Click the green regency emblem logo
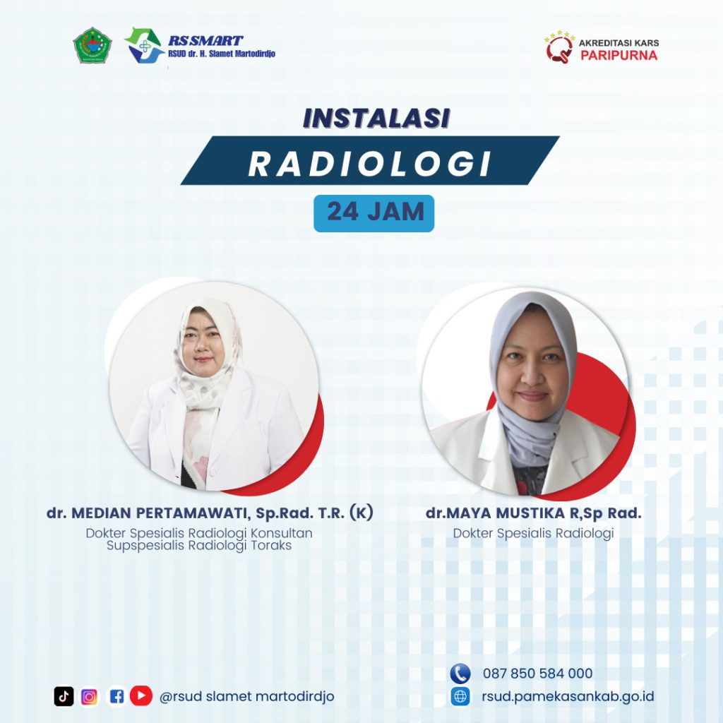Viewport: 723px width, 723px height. click(x=92, y=44)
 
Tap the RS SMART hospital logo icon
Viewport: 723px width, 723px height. click(x=144, y=45)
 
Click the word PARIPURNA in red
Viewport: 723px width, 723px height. click(x=619, y=55)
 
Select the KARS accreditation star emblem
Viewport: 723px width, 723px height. click(x=559, y=47)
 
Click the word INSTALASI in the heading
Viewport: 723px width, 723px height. click(x=376, y=118)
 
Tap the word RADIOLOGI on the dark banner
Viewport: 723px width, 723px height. click(x=370, y=164)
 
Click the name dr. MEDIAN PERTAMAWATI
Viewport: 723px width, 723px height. click(x=147, y=513)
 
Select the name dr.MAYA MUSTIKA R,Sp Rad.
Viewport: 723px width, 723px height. click(x=534, y=513)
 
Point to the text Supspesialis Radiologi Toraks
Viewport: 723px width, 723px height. click(x=199, y=546)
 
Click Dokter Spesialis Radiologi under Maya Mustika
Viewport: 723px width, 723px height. click(x=534, y=533)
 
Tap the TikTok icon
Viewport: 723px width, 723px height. click(x=64, y=696)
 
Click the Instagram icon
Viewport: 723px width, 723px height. click(x=90, y=697)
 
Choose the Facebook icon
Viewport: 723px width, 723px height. click(x=116, y=696)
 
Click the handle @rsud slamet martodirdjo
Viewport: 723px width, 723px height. click(x=246, y=696)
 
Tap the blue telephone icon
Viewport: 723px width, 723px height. click(x=460, y=673)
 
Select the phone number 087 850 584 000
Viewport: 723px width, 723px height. click(x=537, y=673)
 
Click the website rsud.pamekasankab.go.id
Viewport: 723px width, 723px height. click(x=568, y=696)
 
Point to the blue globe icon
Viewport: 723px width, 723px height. click(x=460, y=696)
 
